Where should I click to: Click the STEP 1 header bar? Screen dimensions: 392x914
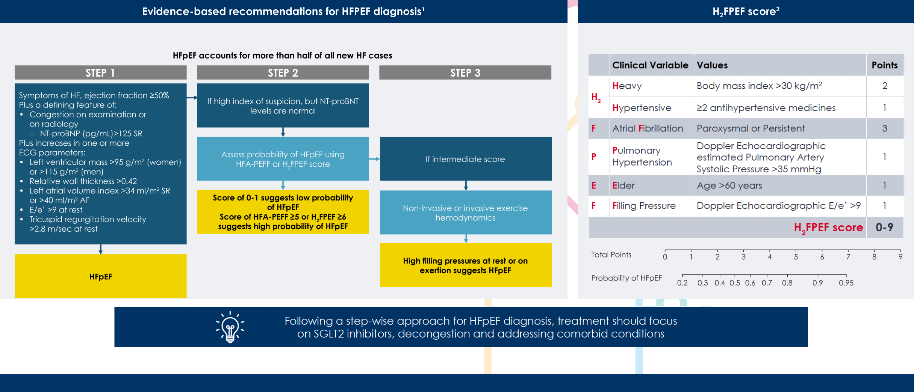coord(100,72)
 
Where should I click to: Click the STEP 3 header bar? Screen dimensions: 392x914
coord(465,72)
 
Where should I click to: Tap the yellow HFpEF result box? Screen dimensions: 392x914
coord(100,276)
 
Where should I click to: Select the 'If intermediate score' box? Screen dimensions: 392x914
coord(465,159)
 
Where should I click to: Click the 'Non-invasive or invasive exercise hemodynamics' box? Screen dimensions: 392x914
coord(465,213)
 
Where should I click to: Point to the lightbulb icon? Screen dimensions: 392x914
coord(230,327)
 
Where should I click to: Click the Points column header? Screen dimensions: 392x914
coord(884,65)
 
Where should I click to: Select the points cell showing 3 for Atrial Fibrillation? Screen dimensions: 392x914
coord(884,128)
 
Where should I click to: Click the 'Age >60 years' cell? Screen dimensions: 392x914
coord(729,185)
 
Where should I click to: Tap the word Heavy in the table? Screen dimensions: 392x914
coord(627,86)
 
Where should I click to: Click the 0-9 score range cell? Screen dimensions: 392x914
coord(884,227)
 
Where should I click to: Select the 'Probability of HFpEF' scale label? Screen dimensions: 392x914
coord(626,278)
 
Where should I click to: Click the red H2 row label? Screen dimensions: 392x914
coord(596,98)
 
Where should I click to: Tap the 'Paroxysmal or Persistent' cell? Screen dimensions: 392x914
coord(751,128)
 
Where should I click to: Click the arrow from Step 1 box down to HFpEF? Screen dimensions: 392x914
coord(100,249)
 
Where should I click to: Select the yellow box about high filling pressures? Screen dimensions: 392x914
coord(465,265)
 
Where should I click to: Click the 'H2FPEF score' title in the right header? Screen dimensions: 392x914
coord(746,12)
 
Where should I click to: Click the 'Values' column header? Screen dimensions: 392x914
coord(712,65)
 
